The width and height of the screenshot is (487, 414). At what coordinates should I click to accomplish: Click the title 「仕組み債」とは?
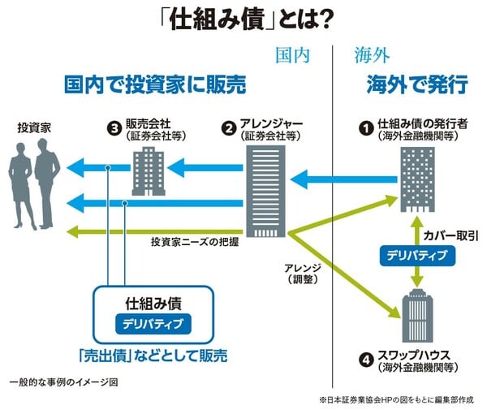point(244,19)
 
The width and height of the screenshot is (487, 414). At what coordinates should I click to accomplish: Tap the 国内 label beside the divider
point(292,55)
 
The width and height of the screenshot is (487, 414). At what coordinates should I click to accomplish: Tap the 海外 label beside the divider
point(373,55)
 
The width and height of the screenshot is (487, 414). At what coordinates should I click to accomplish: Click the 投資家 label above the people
point(34,127)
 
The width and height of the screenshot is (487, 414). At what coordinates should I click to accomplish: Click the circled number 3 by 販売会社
point(114,127)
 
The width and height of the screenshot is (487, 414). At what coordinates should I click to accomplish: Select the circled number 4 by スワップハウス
point(367,356)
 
